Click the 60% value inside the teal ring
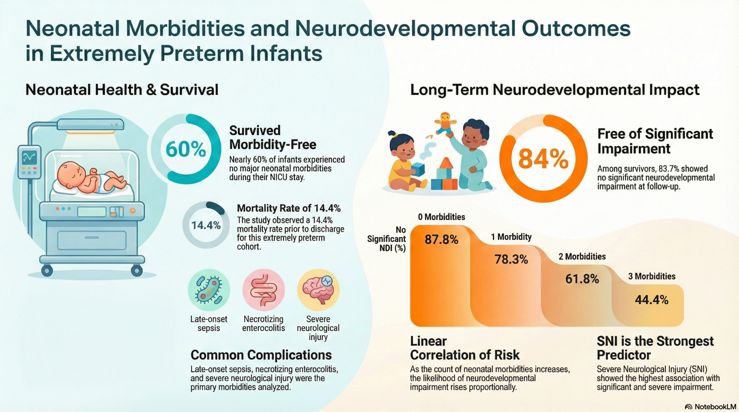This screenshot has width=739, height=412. pos(186,150)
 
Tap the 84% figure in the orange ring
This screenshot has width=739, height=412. pos(543,159)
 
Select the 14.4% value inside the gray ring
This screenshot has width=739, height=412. pos(206,225)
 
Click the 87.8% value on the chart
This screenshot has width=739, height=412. pos(441,240)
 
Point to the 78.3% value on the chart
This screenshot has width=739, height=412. pos(511,259)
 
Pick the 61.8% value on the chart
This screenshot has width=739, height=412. pos(582,279)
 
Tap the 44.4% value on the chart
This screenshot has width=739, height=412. pos(652,300)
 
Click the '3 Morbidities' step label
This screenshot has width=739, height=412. pos(652,276)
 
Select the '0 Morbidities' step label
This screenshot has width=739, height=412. pos(441,217)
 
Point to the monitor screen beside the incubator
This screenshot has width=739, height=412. pos(29,157)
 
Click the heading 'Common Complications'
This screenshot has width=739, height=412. pos(261,355)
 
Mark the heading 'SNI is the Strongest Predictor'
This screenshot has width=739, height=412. pos(655,348)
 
